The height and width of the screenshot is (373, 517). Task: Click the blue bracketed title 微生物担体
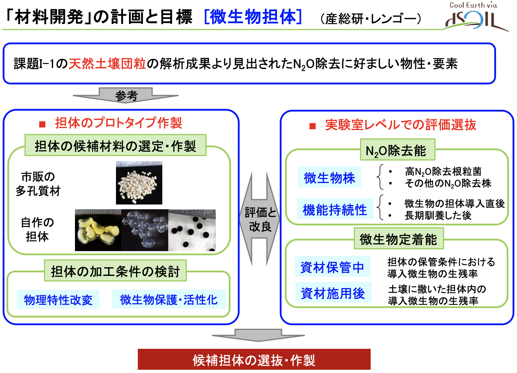click(x=253, y=17)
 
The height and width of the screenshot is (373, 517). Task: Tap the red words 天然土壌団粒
click(x=107, y=64)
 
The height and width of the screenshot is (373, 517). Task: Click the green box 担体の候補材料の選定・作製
click(x=115, y=145)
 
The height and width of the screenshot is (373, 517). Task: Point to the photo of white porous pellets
click(x=139, y=183)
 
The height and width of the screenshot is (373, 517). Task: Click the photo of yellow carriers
click(x=98, y=230)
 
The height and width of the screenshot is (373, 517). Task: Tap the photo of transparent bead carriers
click(x=145, y=230)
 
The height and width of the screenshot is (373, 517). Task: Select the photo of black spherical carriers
click(x=192, y=230)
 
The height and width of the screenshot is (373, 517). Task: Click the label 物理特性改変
click(x=58, y=300)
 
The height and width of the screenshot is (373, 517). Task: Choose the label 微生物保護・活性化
click(x=169, y=299)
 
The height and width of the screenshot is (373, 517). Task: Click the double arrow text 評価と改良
click(x=260, y=219)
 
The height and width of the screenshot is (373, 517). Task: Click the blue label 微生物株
click(x=329, y=177)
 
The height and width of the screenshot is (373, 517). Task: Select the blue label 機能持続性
click(x=335, y=209)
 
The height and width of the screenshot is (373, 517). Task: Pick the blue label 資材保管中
click(x=333, y=266)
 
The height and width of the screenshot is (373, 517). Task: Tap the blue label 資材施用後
click(x=333, y=292)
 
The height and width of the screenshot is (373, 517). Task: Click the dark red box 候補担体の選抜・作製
click(x=254, y=359)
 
